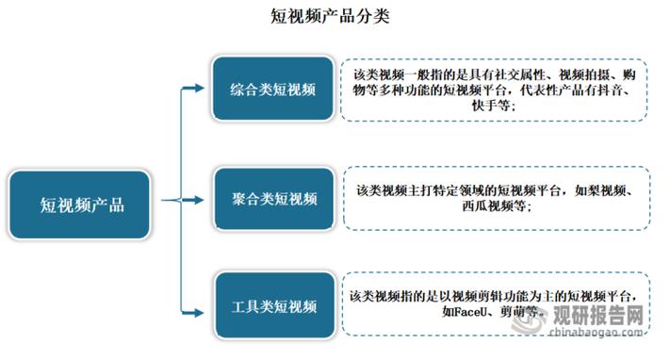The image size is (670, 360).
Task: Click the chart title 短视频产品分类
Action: pos(335,17)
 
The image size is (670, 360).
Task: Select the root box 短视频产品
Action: pos(82,205)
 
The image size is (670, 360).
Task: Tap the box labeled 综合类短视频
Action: pos(273,89)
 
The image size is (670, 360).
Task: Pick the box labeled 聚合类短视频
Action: pos(273,200)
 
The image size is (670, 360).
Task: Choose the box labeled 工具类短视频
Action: pos(273,306)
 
